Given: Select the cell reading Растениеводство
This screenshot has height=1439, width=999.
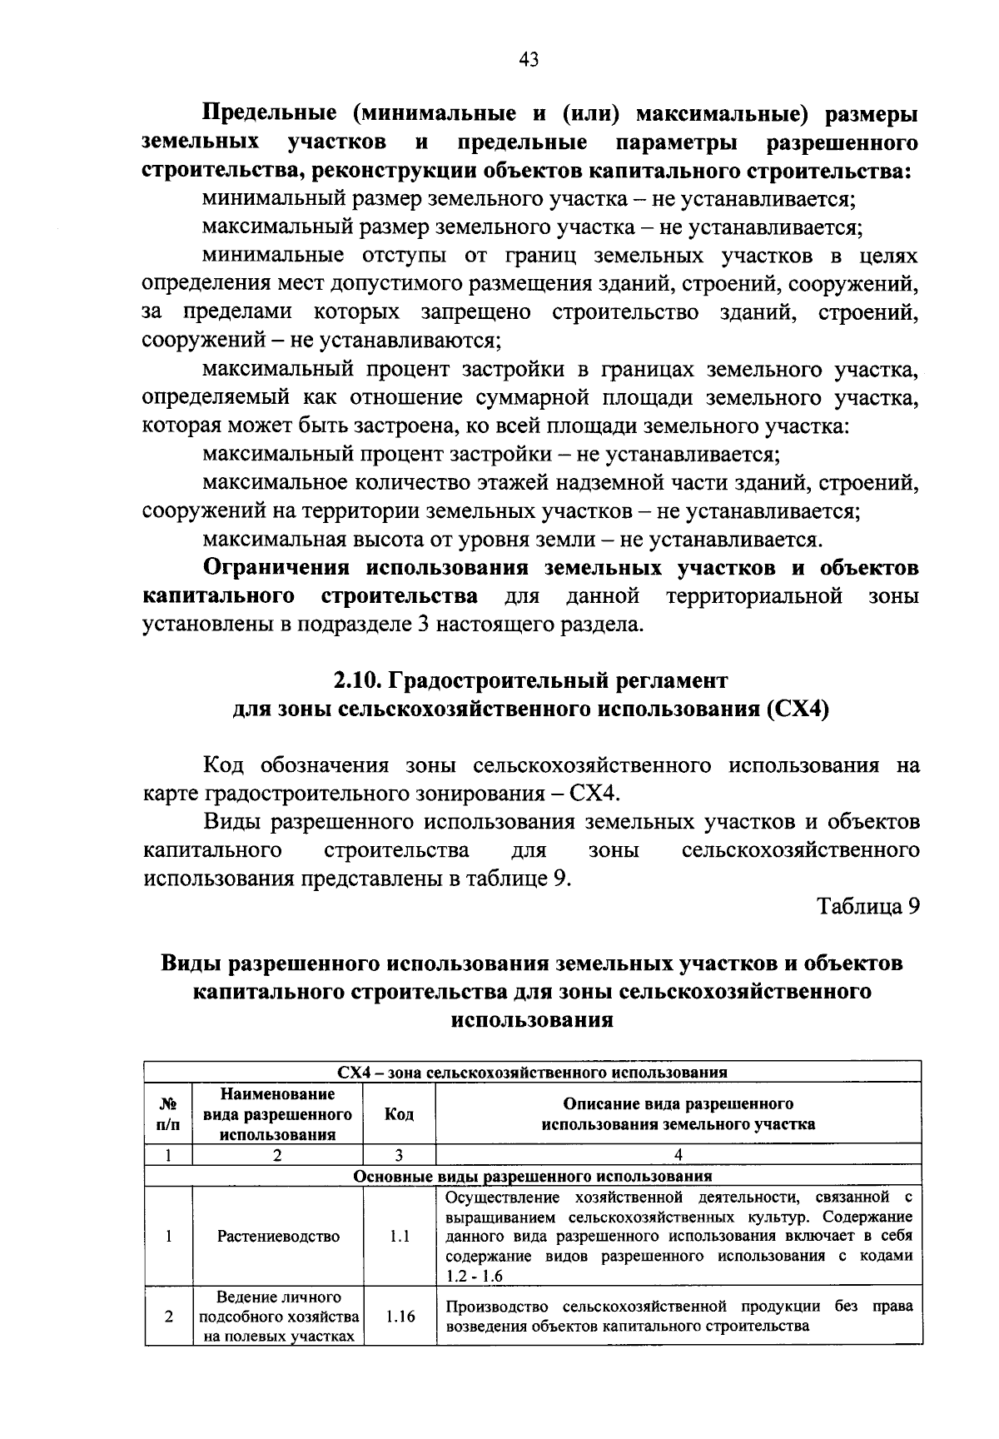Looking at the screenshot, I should point(278,1237).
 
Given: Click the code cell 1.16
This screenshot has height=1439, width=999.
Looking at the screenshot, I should point(400,1317).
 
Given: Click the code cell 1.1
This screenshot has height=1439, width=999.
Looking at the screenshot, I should point(400,1237).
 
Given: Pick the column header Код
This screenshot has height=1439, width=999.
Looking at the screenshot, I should point(400,1114).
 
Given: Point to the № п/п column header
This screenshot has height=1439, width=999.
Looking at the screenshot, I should point(168,1114).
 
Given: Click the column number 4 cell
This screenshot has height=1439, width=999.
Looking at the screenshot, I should point(678,1155).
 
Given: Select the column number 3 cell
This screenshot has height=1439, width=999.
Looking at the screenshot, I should point(400,1155).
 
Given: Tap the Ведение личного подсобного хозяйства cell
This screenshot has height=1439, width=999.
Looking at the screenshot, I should point(278,1317).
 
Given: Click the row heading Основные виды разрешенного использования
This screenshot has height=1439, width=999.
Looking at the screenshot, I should point(533,1176).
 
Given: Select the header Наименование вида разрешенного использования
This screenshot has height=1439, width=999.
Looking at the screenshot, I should point(278,1114).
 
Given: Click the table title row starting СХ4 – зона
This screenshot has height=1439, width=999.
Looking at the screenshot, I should point(533,1072).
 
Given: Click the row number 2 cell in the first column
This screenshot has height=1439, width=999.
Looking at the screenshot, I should point(168,1317).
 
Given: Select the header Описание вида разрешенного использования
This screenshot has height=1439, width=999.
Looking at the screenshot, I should point(678,1114).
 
